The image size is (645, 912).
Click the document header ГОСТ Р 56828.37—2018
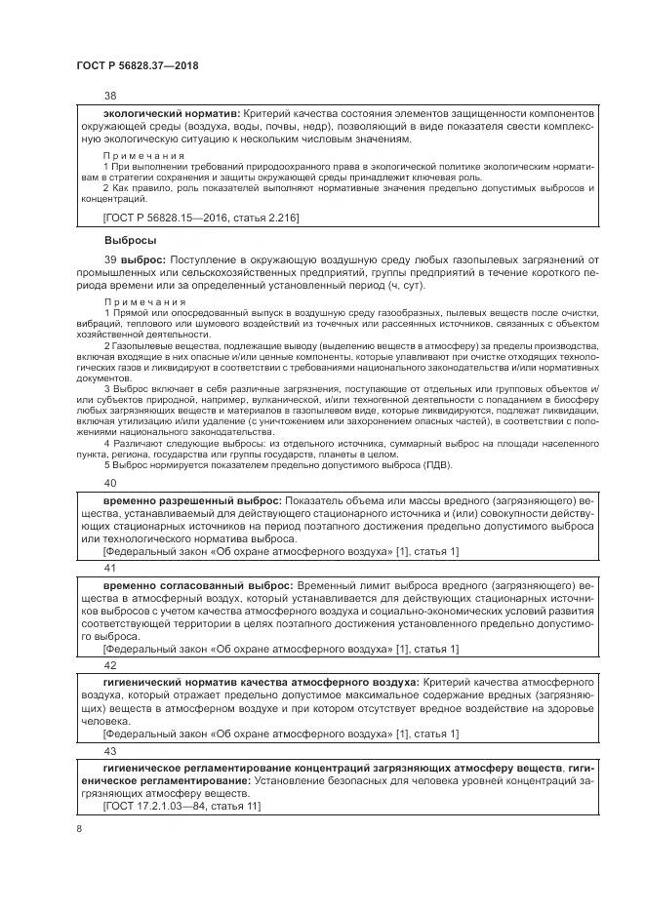coord(143,65)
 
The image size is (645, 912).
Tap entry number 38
coord(109,97)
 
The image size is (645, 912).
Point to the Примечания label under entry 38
coord(143,156)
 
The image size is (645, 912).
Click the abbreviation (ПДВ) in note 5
coord(367,466)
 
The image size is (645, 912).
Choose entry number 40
coord(109,483)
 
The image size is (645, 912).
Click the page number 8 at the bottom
coord(78,828)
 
